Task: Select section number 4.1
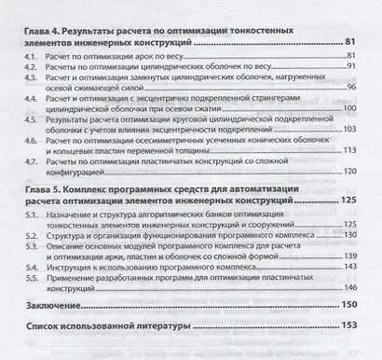pos(28,59)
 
